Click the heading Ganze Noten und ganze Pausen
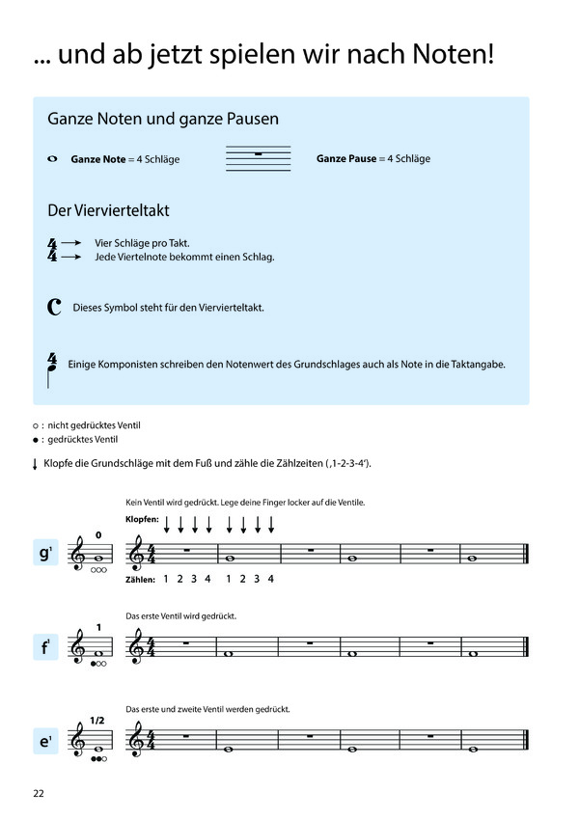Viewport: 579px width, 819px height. tap(163, 120)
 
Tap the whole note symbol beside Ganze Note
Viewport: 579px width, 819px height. tap(52, 158)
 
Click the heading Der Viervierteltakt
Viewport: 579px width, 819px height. tap(109, 209)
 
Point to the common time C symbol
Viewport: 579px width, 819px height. tap(54, 308)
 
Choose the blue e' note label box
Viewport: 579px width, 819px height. tap(44, 743)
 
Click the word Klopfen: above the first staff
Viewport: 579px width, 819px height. tap(142, 520)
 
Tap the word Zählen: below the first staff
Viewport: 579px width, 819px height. tap(140, 580)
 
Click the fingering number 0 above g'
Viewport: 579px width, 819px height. tap(97, 534)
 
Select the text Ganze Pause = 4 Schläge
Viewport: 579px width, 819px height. tap(372, 158)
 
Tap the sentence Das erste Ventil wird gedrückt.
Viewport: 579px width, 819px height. tap(180, 615)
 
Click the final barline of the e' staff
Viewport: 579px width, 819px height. tap(525, 742)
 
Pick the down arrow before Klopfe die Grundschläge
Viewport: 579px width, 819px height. tap(36, 464)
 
